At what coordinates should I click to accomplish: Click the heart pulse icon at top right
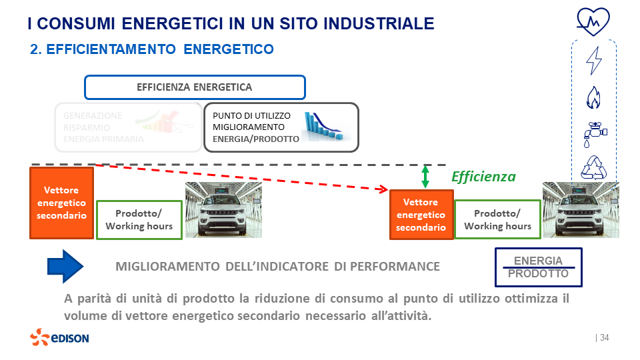coord(593,21)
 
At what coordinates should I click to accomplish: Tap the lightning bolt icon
coord(593,60)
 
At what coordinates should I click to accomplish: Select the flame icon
coord(593,97)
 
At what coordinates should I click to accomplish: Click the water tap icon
coord(593,133)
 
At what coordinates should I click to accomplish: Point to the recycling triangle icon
coord(593,168)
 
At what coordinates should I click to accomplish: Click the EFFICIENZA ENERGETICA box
coord(195,87)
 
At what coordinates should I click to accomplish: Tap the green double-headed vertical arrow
coord(425,176)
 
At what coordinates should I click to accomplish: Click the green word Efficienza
coord(483,177)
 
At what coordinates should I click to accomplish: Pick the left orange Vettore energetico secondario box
coord(61,203)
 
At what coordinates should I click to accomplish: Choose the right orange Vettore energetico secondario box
coord(421,215)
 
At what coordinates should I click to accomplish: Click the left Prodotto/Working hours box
coord(139,219)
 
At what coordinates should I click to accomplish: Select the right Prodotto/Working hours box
coord(497,219)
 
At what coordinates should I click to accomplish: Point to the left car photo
coord(223,209)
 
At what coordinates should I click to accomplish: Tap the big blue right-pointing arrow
coord(65,266)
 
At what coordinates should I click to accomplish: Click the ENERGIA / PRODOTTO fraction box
coord(538,267)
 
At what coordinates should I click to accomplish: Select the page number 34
coord(604,338)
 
